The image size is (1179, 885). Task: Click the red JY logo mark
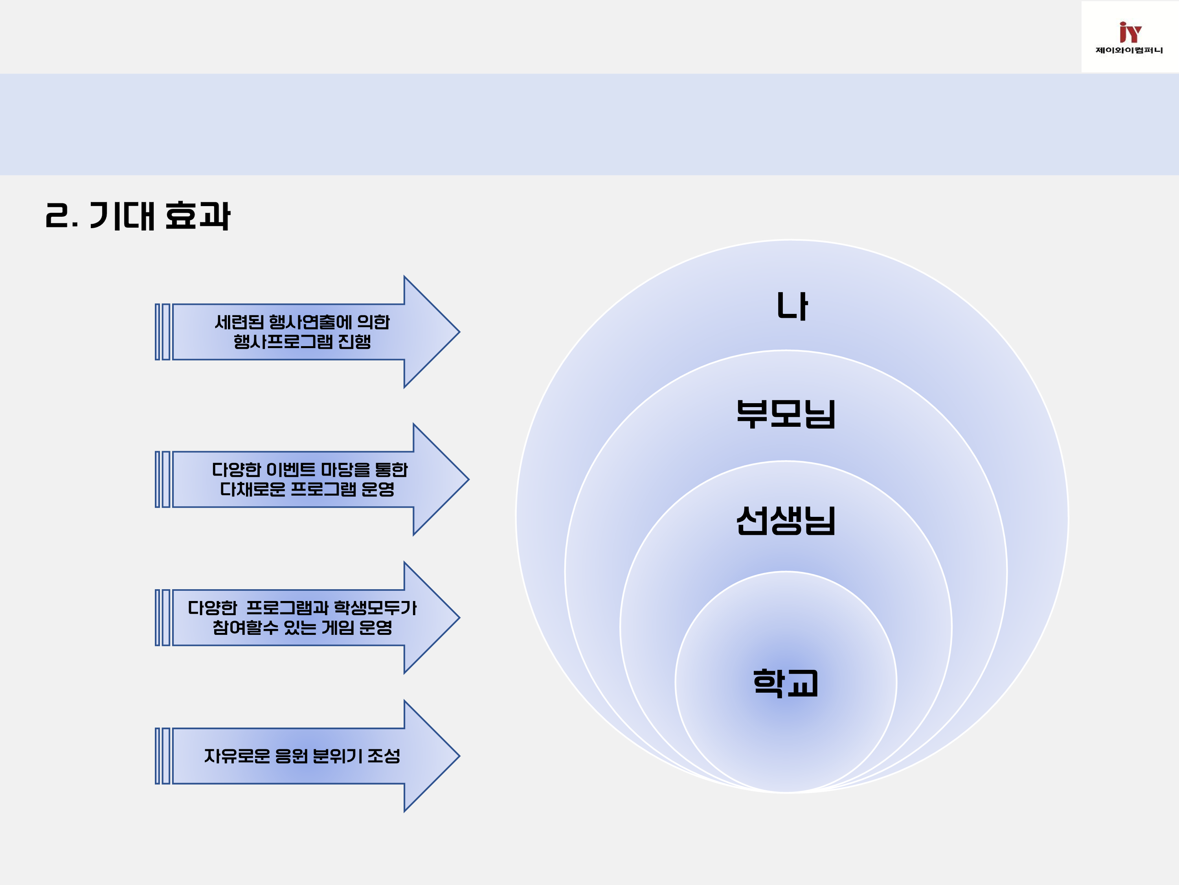1129,32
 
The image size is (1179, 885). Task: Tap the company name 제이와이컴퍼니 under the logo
1129,50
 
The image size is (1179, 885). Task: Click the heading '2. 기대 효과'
138,216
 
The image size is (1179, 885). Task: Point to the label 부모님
786,414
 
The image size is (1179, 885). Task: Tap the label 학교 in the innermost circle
786,683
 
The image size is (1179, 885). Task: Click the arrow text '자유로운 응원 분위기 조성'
302,756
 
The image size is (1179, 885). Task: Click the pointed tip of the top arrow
459,332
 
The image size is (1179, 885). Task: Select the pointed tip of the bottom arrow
459,756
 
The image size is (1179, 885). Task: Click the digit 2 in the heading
57,216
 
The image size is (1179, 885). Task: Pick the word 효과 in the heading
198,216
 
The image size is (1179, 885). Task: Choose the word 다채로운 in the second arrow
253,489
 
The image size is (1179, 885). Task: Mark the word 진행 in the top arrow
354,341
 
